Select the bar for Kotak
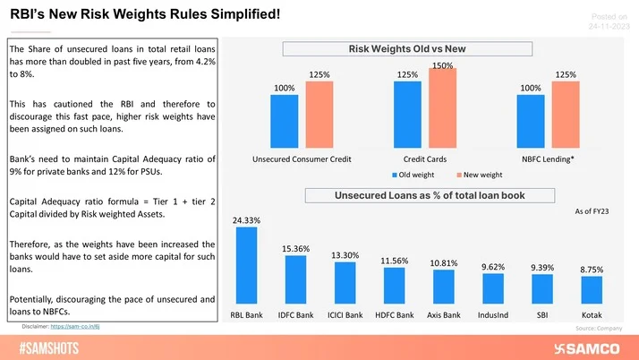point(592,290)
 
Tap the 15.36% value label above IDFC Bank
point(296,248)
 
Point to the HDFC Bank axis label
point(395,315)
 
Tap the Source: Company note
point(598,329)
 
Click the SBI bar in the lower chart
point(542,289)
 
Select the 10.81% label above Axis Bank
point(444,262)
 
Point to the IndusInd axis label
point(493,315)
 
